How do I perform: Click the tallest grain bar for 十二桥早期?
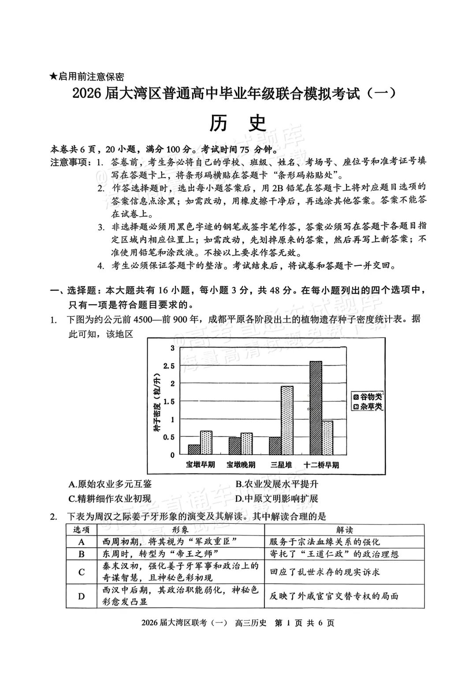(x=316, y=408)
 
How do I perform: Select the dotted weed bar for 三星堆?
(x=287, y=420)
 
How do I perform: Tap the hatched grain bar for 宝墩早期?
(x=194, y=449)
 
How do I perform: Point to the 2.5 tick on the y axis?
(x=169, y=366)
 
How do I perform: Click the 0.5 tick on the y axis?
(x=169, y=437)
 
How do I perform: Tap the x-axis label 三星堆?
(x=281, y=465)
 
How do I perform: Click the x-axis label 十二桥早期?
(x=322, y=465)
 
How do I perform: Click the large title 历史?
(x=238, y=124)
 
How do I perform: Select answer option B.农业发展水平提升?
(x=276, y=484)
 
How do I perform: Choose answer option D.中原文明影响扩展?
(x=276, y=498)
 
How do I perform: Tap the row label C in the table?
(x=82, y=572)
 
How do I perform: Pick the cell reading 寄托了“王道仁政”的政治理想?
(x=334, y=554)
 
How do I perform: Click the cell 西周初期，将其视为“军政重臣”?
(x=167, y=542)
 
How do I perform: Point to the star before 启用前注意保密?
(x=53, y=77)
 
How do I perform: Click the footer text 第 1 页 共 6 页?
(x=304, y=623)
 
